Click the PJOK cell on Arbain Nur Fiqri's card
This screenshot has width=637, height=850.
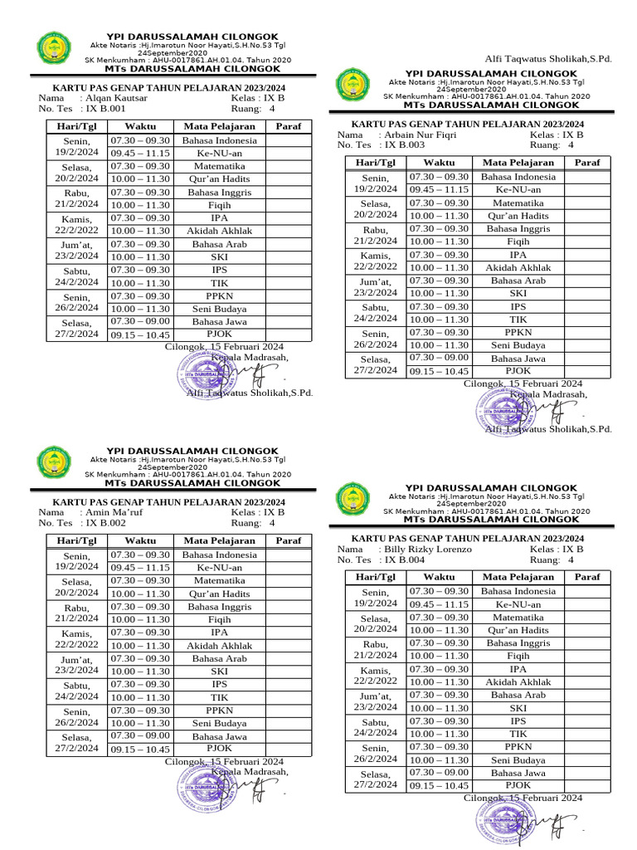point(518,371)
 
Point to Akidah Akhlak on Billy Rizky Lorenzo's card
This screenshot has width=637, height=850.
point(518,681)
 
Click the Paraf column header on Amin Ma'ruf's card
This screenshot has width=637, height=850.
point(288,540)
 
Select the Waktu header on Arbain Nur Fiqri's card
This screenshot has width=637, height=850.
point(439,163)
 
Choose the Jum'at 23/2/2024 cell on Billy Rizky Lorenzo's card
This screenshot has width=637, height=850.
point(375,701)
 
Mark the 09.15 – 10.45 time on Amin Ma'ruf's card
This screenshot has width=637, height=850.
point(139,750)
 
